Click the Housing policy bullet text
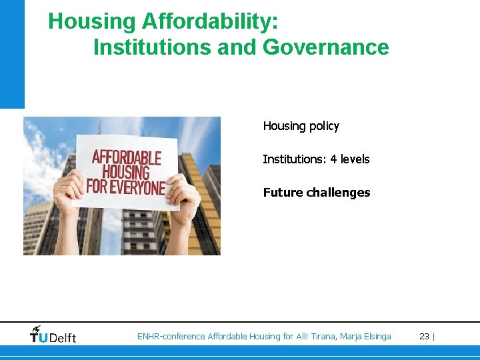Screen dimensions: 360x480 301,126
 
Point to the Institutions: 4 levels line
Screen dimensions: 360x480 316,159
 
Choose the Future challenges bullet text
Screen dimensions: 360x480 317,193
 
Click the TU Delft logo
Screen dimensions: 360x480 53,336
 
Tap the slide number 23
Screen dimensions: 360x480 424,337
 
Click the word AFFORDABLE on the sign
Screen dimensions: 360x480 126,158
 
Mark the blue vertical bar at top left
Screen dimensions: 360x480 12,53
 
